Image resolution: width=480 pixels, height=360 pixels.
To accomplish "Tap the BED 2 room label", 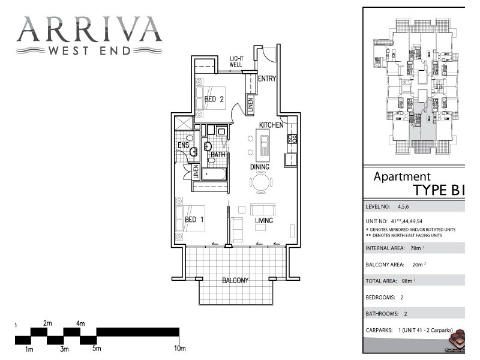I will pos(214,100).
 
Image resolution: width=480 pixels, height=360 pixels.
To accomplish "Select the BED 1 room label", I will pos(194,220).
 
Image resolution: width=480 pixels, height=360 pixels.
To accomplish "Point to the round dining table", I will pos(262,182).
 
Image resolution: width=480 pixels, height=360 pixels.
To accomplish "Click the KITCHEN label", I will pos(271,125).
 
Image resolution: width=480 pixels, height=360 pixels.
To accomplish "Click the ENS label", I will pos(183,145).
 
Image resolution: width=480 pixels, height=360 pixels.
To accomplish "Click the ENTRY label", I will pos(266,79).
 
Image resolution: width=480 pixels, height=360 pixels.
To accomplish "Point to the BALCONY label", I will pos(235,280).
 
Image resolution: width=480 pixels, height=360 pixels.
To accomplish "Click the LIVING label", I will pos(264,221).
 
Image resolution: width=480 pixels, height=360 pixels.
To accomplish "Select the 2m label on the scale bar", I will pos(47,323).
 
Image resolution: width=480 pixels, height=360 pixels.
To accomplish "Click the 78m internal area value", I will pos(415,248).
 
